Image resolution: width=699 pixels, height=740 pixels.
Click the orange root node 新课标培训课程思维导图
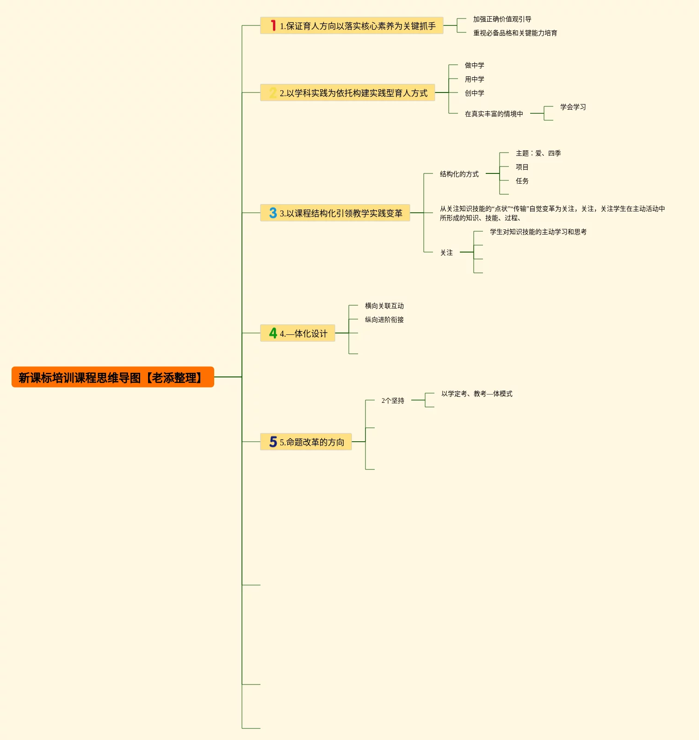[x=112, y=377]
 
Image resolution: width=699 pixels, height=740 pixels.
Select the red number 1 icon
[x=273, y=26]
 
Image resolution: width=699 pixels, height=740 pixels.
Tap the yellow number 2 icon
[x=273, y=93]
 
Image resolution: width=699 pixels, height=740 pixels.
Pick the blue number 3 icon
[x=273, y=213]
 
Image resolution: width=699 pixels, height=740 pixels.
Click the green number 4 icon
[x=273, y=333]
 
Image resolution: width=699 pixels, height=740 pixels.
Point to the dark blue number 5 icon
[x=273, y=442]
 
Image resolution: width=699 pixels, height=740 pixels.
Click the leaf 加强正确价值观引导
[x=502, y=19]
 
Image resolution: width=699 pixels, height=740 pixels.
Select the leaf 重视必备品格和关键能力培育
[x=515, y=33]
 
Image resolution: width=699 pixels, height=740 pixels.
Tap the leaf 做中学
[x=474, y=66]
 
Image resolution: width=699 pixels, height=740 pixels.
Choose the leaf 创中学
[x=474, y=93]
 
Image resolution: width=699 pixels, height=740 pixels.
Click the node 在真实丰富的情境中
[x=494, y=114]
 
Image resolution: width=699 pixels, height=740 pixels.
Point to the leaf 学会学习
[x=573, y=107]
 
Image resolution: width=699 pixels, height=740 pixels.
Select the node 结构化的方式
[x=459, y=174]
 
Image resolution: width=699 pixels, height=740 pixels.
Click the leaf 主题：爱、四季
[x=538, y=154]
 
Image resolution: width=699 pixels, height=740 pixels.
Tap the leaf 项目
[x=522, y=167]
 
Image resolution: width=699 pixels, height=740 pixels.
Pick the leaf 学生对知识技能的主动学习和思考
[x=538, y=232]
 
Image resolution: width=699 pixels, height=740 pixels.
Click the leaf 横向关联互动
[x=384, y=306]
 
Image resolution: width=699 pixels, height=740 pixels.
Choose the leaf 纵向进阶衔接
[x=384, y=320]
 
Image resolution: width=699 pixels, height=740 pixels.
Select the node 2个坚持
[x=393, y=401]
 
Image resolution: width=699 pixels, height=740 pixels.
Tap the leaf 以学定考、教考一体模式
[x=476, y=394]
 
